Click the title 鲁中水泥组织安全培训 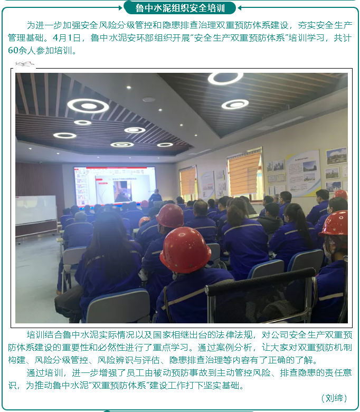(x=180, y=8)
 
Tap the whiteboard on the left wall (x=35, y=209)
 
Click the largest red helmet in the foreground (x=185, y=249)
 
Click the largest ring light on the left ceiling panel (x=88, y=106)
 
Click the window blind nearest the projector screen (x=188, y=181)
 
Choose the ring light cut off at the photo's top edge (x=225, y=78)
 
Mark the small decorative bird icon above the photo (x=24, y=64)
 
